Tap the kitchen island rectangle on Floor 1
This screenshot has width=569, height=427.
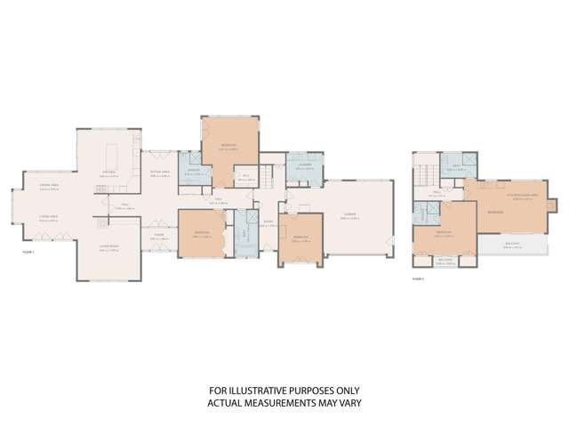[114, 149]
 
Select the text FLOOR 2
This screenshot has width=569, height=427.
[418, 277]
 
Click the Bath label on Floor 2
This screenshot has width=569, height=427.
[453, 165]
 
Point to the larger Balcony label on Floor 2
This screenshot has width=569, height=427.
[510, 246]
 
